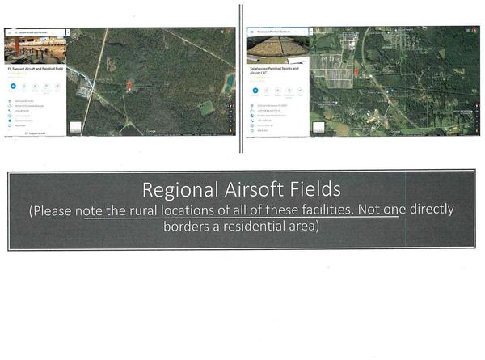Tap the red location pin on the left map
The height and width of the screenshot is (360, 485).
tap(129, 84)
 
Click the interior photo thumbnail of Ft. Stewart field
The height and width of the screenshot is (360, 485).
tap(35, 50)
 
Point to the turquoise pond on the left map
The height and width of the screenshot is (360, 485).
tap(230, 82)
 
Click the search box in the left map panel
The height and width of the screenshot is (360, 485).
tap(36, 32)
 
